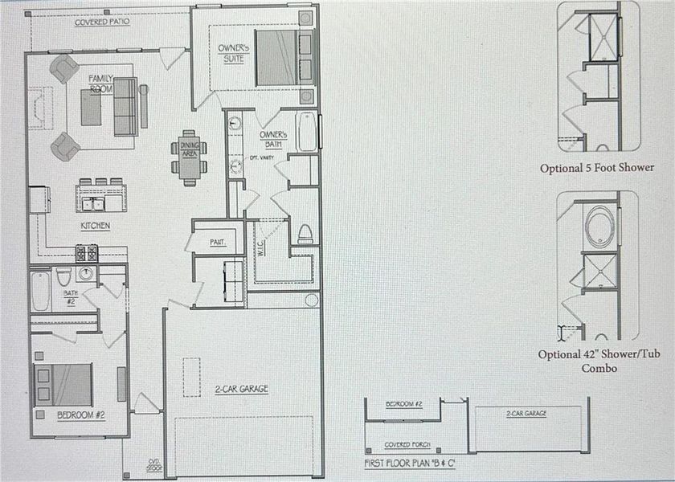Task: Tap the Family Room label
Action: click(101, 83)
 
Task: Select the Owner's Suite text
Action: click(231, 54)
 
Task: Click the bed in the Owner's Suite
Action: click(278, 58)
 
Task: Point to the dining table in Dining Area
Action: click(189, 157)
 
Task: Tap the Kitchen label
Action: click(96, 226)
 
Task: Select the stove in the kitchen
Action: click(87, 253)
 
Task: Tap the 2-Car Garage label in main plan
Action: click(241, 389)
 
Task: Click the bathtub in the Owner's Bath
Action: click(306, 133)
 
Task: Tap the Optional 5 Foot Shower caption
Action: click(597, 168)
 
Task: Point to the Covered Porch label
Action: click(407, 444)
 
